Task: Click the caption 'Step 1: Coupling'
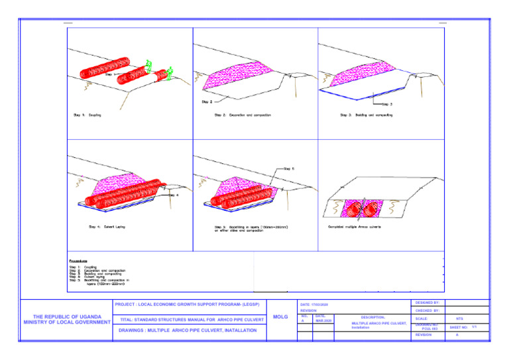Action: click(x=87, y=115)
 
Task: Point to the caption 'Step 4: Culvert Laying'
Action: click(x=107, y=227)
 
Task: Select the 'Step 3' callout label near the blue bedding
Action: click(x=388, y=104)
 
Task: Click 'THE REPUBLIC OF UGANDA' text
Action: click(x=66, y=316)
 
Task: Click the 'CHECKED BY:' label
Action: click(x=428, y=310)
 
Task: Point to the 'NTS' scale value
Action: click(x=459, y=319)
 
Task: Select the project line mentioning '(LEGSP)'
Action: click(x=187, y=304)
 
